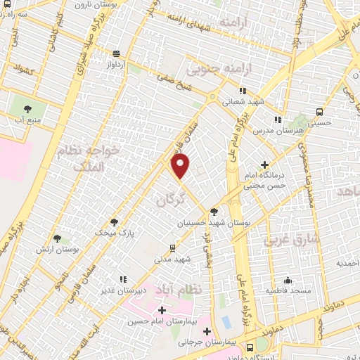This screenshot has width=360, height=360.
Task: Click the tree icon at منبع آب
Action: tap(28, 108)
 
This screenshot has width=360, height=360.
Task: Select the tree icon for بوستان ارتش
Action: tap(56, 239)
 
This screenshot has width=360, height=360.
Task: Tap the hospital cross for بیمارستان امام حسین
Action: tap(162, 310)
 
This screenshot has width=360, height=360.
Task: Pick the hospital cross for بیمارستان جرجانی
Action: tap(207, 331)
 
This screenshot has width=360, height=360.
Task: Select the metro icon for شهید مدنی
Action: tap(172, 247)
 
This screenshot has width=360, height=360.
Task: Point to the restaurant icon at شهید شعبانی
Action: tap(243, 91)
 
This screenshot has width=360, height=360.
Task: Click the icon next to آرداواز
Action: tap(115, 53)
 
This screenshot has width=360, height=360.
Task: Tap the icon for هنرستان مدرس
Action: tap(278, 120)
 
